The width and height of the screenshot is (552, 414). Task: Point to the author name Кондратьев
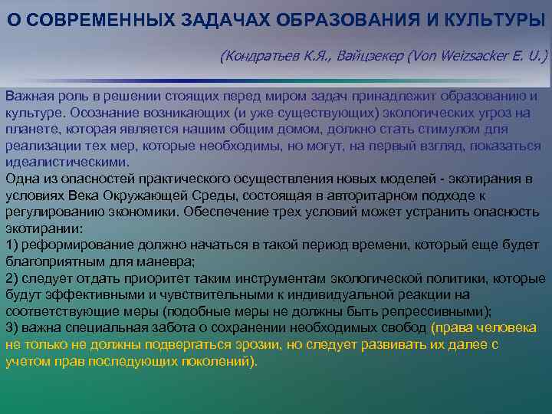258,57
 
